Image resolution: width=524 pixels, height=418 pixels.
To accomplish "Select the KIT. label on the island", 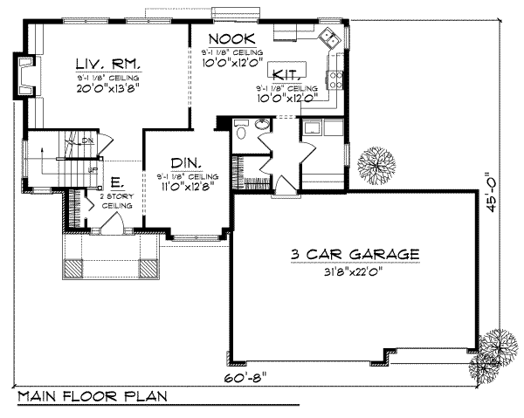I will coord(286,74).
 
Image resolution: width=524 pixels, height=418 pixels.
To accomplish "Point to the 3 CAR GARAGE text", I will coord(356,254).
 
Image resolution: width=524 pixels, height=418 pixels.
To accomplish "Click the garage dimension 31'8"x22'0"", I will coord(356,270).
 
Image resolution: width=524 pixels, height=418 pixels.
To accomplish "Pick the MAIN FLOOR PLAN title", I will coord(92,397).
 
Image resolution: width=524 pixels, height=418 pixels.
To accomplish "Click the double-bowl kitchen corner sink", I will coord(329,38).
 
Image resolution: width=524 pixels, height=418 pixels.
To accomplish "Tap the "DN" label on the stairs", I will coord(86,140).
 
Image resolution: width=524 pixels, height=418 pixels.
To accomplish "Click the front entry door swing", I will coord(108,225).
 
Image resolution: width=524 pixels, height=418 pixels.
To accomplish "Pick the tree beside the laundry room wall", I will coord(377,164).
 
